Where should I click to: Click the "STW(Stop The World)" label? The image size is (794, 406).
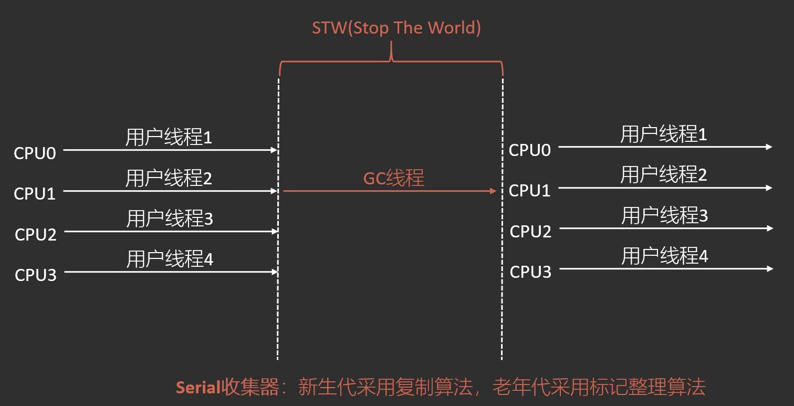coord(396,28)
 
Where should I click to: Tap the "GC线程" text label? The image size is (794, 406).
coord(393,179)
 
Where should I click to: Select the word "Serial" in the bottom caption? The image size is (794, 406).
coord(197,388)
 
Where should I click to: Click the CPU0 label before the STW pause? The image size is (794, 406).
coord(35,153)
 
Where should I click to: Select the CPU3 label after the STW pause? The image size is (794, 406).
coord(530,272)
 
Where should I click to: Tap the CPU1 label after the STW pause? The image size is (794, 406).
coord(529,191)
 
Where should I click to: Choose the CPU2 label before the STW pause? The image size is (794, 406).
coord(35,234)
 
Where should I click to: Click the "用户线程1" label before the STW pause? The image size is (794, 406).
coord(169,138)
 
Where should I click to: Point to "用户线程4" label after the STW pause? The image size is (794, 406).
coord(664,256)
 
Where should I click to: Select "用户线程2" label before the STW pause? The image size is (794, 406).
coord(169,179)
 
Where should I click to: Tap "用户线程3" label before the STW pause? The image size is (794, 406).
coord(169,218)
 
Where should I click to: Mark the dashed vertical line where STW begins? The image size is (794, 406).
coord(278,315)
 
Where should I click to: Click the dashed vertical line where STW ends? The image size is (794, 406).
coord(502,315)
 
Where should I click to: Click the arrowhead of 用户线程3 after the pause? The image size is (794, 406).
coord(770,228)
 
